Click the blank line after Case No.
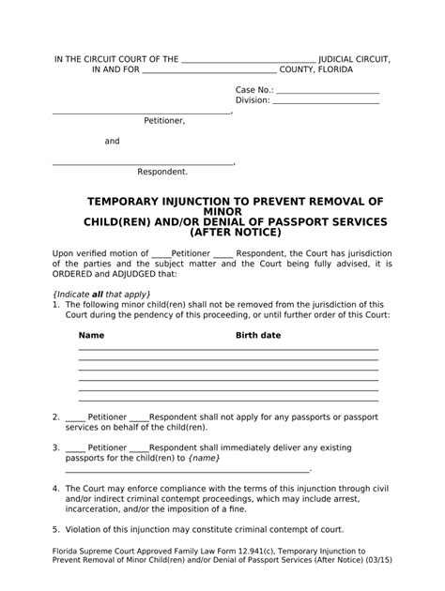[327, 90]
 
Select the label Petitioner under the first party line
[164, 121]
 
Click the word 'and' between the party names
[112, 142]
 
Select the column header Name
[91, 335]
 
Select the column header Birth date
[257, 335]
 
